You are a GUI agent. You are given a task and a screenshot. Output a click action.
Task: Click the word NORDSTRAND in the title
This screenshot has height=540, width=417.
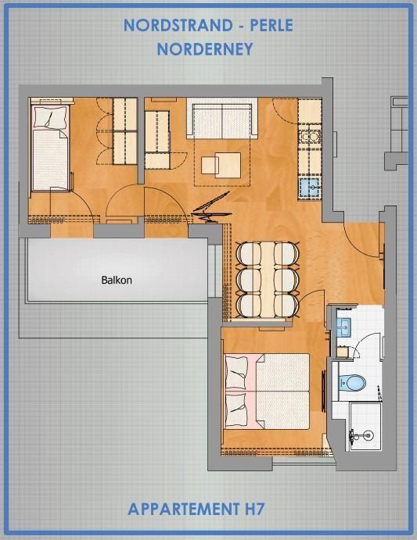tap(178, 26)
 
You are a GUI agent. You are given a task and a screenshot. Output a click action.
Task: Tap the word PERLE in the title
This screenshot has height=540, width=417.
tap(271, 26)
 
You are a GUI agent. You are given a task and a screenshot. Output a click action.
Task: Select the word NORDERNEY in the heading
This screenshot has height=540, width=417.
tap(205, 49)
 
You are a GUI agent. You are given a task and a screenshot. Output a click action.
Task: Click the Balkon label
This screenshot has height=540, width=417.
tap(117, 280)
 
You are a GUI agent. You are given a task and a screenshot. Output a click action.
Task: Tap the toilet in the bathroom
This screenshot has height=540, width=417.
tap(351, 382)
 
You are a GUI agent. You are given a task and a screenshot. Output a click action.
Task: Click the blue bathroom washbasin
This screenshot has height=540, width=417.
tap(343, 327)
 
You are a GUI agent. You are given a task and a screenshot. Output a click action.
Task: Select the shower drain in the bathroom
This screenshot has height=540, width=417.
tap(368, 435)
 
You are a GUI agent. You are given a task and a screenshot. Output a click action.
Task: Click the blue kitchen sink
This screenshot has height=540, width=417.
tap(310, 188)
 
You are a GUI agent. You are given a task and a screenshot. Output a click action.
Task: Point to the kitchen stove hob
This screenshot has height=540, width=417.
tap(310, 137)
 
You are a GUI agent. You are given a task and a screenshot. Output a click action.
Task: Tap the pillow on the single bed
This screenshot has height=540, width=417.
tap(50, 117)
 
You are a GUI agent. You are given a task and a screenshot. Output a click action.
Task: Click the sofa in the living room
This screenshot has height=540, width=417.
tap(221, 118)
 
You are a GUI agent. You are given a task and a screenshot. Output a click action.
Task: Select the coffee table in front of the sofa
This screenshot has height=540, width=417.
tap(221, 166)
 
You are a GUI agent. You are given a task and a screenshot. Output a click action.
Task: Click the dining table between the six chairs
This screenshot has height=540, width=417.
tap(268, 280)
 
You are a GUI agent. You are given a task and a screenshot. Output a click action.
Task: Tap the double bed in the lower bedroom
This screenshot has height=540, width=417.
tap(267, 392)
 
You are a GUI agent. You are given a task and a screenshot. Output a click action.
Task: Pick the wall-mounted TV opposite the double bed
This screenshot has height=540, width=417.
tap(324, 392)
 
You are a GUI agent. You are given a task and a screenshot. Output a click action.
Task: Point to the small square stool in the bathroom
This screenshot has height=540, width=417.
tap(342, 352)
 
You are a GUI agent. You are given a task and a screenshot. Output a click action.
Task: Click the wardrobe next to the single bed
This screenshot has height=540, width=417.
tap(125, 131)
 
